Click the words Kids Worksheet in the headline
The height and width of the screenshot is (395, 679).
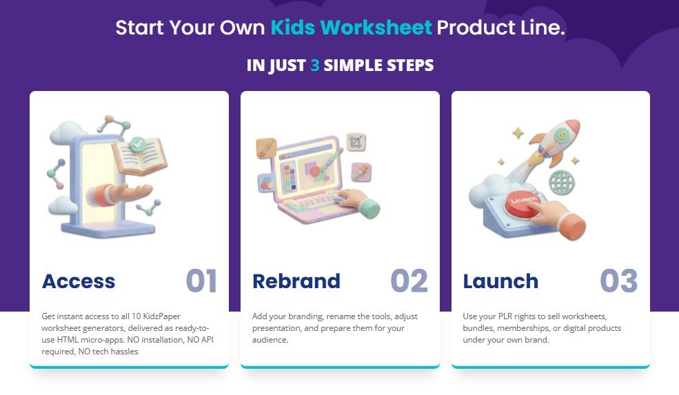pyautogui.click(x=351, y=28)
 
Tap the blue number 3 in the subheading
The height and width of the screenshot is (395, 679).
pyautogui.click(x=314, y=65)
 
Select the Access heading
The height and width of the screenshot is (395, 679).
pyautogui.click(x=79, y=281)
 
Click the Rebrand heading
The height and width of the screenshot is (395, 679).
pyautogui.click(x=296, y=281)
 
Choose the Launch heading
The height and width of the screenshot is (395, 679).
pyautogui.click(x=500, y=281)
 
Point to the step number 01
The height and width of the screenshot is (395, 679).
pyautogui.click(x=201, y=281)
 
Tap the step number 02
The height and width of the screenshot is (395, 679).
pyautogui.click(x=409, y=281)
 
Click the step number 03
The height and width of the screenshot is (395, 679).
pyautogui.click(x=618, y=281)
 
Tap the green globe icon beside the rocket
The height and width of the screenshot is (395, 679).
pyautogui.click(x=562, y=183)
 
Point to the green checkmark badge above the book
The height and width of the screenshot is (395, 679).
pyautogui.click(x=139, y=144)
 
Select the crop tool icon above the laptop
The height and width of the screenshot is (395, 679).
pyautogui.click(x=356, y=142)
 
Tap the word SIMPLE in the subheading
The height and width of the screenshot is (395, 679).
pyautogui.click(x=349, y=65)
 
